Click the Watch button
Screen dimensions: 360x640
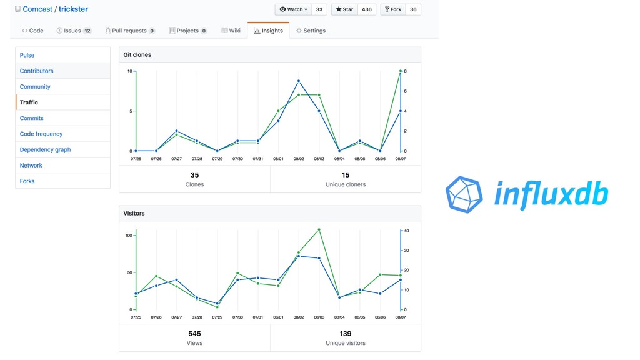[x=293, y=9]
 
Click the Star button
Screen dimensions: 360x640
[x=344, y=9]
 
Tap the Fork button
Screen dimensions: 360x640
[x=392, y=9]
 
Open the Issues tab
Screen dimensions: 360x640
[x=74, y=31]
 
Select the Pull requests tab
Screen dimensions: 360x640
[x=129, y=31]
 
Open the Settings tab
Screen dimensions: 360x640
[x=311, y=31]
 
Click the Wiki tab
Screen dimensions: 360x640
[x=231, y=31]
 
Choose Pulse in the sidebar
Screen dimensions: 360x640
[x=27, y=55]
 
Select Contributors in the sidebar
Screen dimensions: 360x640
[x=36, y=71]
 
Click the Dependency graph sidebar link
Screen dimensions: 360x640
[x=45, y=149]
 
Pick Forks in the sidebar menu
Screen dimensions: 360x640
[x=27, y=181]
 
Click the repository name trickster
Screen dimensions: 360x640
[x=73, y=9]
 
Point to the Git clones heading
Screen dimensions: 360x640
[x=137, y=55]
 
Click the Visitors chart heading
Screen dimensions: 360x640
[x=134, y=213]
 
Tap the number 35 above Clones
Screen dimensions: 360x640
[x=194, y=175]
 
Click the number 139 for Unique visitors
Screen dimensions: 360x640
[x=346, y=334]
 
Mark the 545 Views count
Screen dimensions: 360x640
[x=194, y=334]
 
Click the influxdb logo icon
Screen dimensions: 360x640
[x=464, y=194]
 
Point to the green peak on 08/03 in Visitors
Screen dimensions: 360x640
[x=319, y=229]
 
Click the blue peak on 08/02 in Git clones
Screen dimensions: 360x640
[x=299, y=81]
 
